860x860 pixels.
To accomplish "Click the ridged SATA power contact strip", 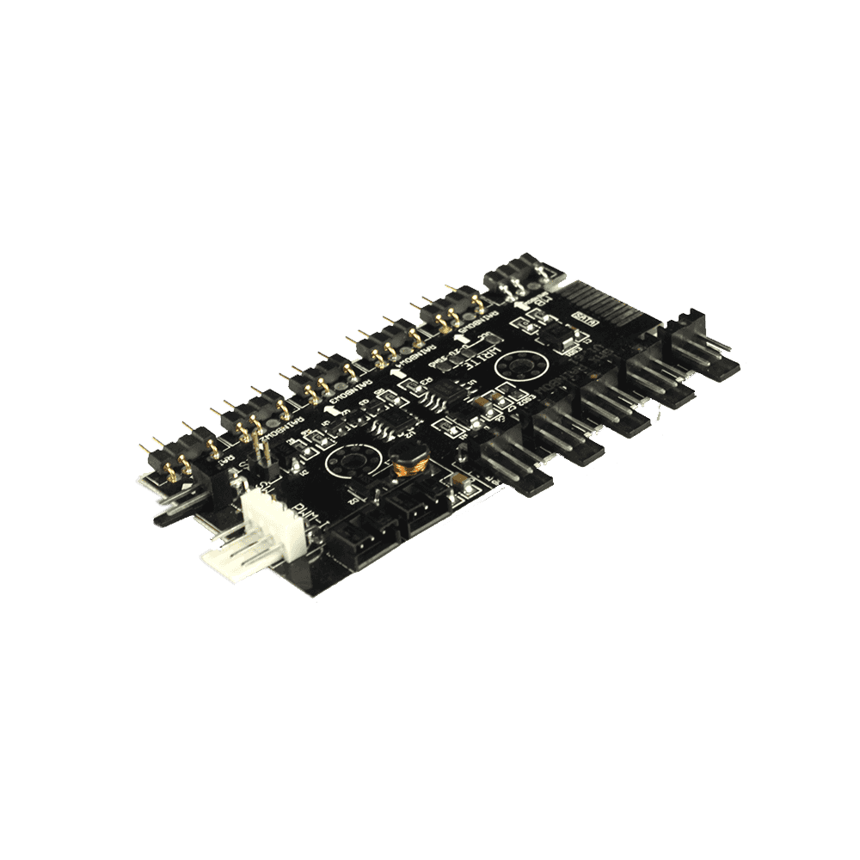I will point(606,302).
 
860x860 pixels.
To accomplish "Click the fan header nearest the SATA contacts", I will point(697,348).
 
